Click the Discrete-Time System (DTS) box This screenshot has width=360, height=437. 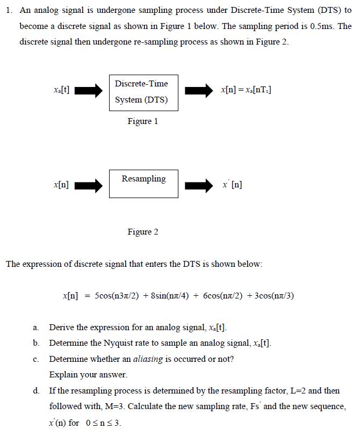[x=143, y=92]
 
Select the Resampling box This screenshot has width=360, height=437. [x=143, y=184]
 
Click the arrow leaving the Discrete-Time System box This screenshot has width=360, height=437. [x=199, y=91]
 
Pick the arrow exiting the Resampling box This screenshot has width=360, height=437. [x=199, y=186]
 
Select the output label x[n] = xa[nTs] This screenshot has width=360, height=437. [x=246, y=90]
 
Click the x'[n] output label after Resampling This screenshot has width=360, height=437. [x=232, y=185]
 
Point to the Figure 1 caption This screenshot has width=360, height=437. [x=143, y=121]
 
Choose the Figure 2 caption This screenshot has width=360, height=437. [x=143, y=232]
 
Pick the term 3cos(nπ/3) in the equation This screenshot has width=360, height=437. [x=275, y=296]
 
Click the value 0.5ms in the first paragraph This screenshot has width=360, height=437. [x=322, y=26]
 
